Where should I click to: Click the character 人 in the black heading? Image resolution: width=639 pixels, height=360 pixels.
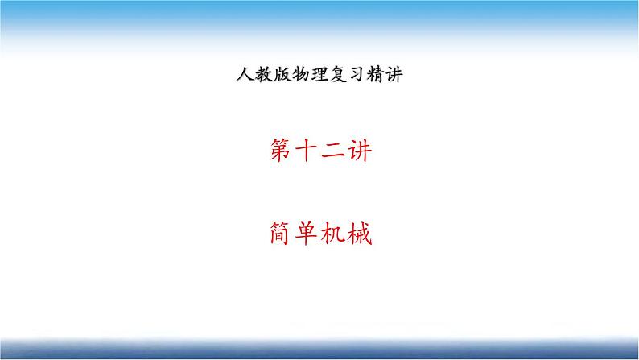point(245,74)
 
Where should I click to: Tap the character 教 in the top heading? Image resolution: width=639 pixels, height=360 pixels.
point(264,74)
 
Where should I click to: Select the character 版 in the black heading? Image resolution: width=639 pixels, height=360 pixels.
point(282,74)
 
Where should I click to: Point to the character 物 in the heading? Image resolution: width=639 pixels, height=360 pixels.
point(301,74)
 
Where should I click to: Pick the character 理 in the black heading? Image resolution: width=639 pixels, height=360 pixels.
point(319,74)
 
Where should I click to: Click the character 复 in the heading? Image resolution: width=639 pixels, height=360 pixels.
point(338,74)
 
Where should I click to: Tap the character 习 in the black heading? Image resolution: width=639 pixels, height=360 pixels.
point(357,74)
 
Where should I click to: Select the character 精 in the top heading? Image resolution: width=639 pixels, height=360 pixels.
point(375,74)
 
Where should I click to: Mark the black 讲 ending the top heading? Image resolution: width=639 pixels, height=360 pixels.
point(394,74)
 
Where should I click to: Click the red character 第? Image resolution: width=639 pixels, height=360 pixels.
point(281,151)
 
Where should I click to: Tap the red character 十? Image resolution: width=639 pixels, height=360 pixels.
point(306,151)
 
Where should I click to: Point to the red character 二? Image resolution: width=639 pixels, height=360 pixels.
point(332,151)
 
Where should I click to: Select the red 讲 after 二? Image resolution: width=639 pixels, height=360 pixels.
point(360,151)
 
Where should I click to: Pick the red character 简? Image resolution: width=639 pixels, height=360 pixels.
point(281,234)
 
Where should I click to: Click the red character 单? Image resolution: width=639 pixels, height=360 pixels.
point(306,234)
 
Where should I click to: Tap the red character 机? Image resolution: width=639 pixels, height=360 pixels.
point(332,234)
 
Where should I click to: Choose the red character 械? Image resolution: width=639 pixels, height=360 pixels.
point(360,234)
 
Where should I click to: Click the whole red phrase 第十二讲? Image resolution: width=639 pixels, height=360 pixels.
point(321,151)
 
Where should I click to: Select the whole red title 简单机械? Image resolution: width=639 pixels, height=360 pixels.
point(321,234)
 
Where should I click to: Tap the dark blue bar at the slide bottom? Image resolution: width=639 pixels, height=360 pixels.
point(319,349)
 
